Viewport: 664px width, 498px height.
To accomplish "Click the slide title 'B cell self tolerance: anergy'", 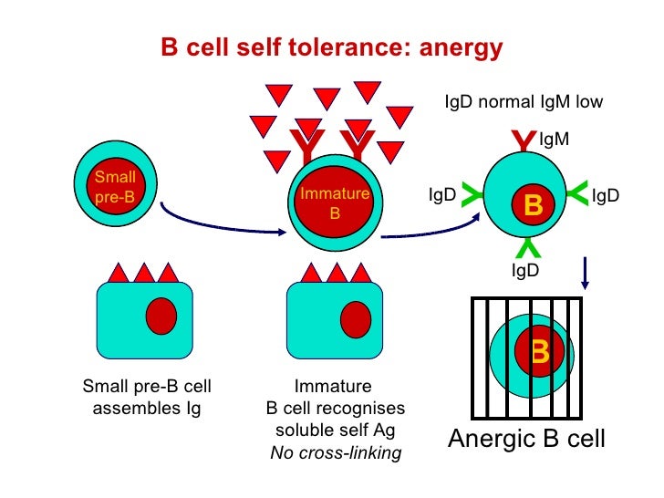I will pyautogui.click(x=331, y=47).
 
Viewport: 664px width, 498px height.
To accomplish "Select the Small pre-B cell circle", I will pyautogui.click(x=114, y=185).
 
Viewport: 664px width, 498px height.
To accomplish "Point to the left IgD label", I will pyautogui.click(x=442, y=195).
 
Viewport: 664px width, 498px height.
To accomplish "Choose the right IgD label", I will pyautogui.click(x=606, y=195).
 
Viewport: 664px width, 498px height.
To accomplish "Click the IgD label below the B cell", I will pyautogui.click(x=524, y=270).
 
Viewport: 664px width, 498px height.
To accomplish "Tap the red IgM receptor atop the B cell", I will pyautogui.click(x=523, y=141).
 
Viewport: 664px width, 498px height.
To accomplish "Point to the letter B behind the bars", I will pyautogui.click(x=540, y=350).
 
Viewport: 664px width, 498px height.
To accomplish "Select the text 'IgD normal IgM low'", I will pyautogui.click(x=523, y=102).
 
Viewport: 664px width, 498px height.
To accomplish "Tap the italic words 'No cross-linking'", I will pyautogui.click(x=336, y=453).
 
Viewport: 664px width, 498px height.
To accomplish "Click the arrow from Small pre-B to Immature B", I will pyautogui.click(x=219, y=223).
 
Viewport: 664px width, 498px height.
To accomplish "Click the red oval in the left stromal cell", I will pyautogui.click(x=161, y=315).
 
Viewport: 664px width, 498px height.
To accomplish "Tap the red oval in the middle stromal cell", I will pyautogui.click(x=355, y=319).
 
